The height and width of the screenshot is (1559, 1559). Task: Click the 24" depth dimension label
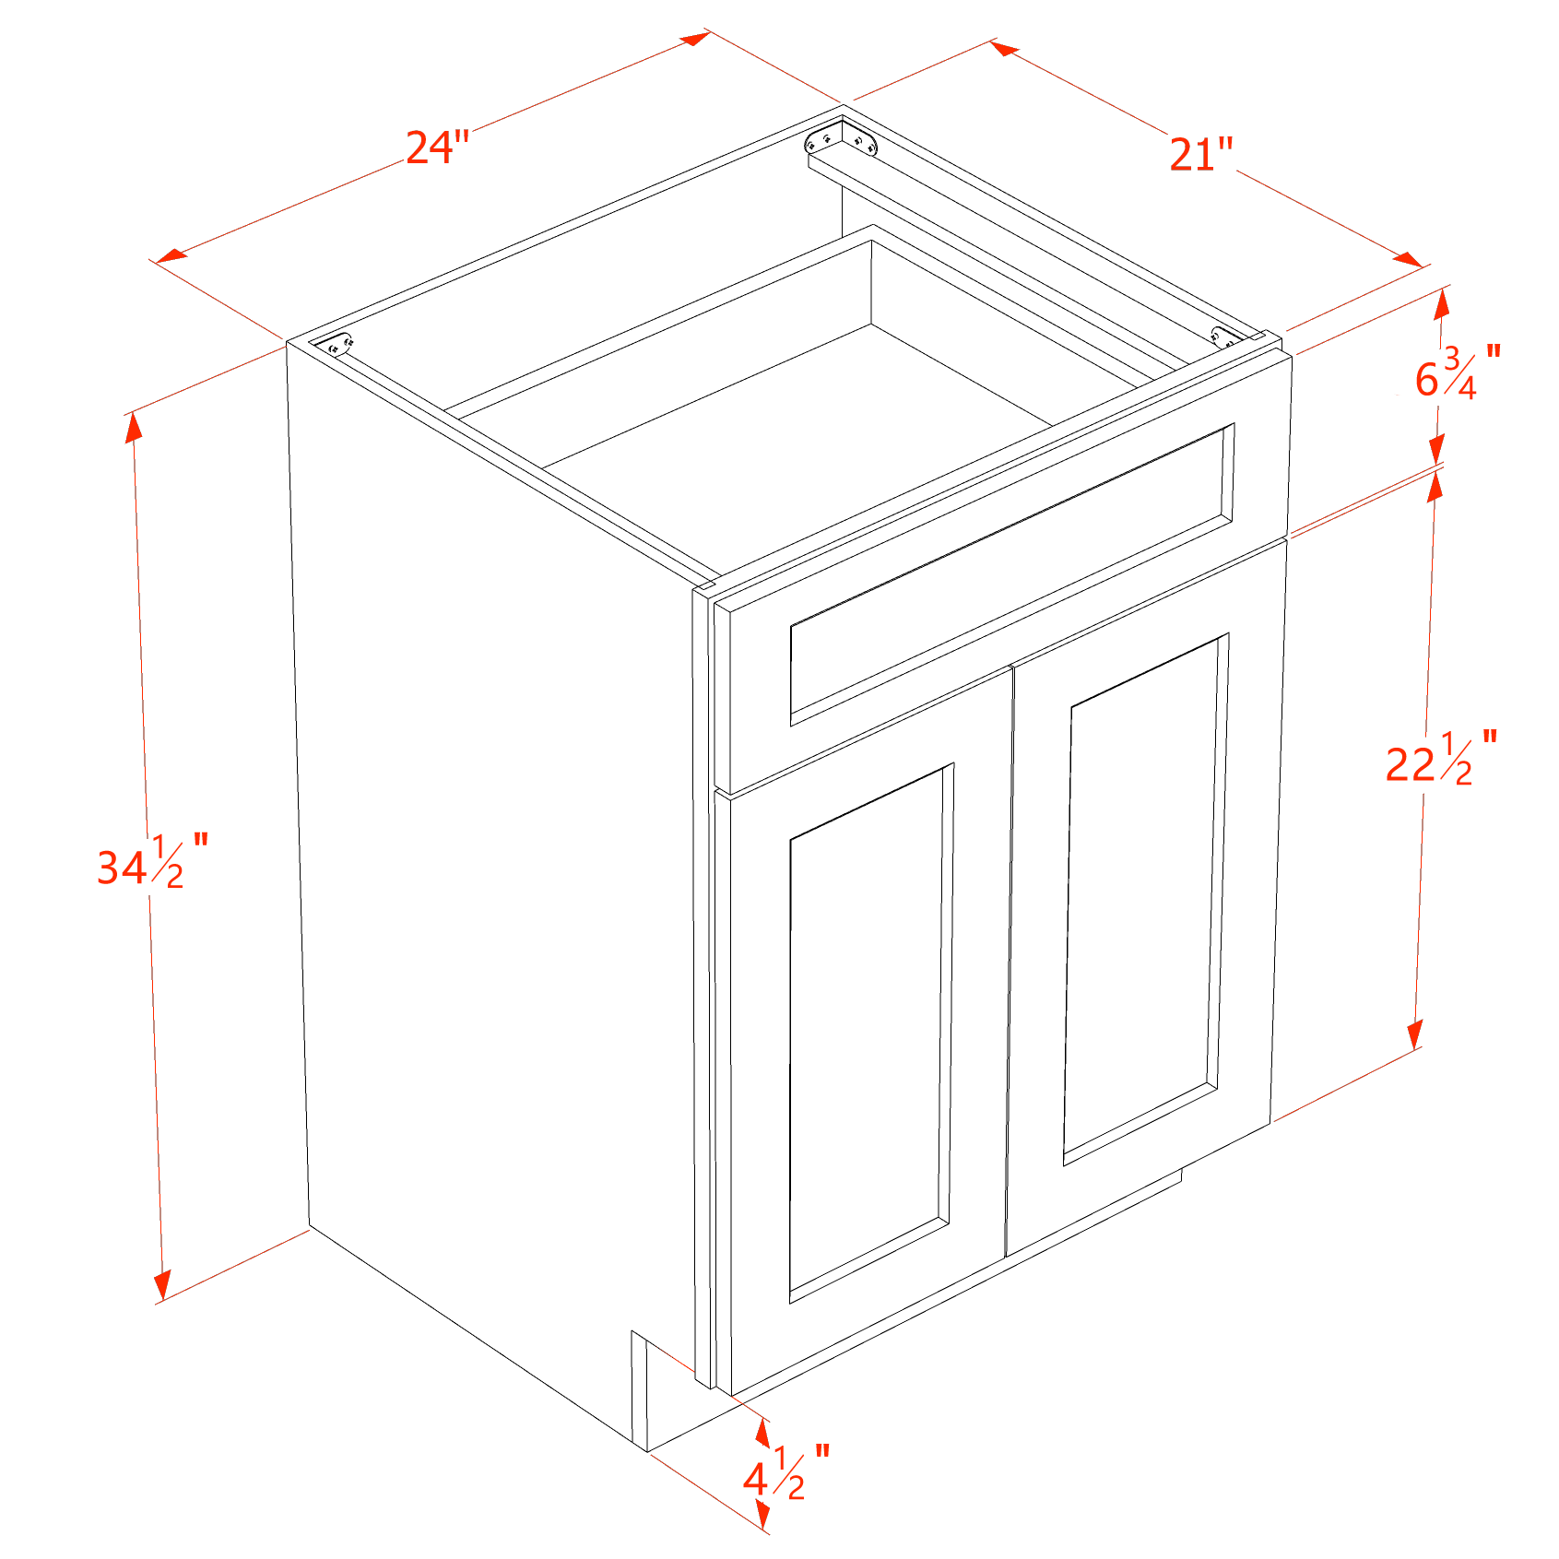click(437, 147)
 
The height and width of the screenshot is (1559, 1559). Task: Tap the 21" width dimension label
click(1201, 154)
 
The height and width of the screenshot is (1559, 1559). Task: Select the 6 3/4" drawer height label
click(1457, 372)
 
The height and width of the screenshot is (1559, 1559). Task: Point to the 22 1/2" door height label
click(1441, 758)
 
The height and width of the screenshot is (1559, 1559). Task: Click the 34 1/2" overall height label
click(152, 861)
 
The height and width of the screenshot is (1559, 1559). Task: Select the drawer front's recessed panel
click(1012, 574)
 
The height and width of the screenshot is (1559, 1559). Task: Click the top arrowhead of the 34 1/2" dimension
click(134, 428)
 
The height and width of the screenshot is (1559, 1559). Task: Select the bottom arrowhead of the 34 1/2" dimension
click(163, 1284)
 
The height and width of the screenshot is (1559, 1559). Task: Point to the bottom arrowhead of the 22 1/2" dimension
click(1414, 1034)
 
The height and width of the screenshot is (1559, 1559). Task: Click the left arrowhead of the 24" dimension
click(171, 254)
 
